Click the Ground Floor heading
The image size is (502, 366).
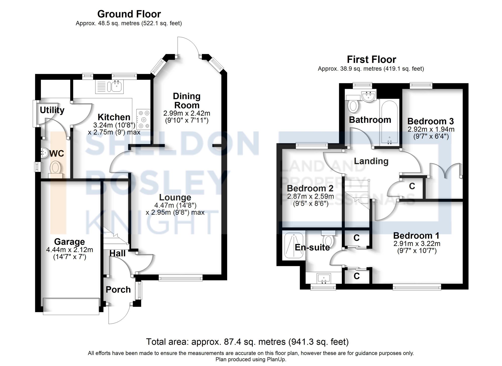pos(129,14)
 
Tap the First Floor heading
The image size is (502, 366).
pos(371,60)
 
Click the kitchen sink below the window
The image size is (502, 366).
pos(116,87)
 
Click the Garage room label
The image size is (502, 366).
pos(70,242)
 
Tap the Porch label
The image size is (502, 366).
pos(118,290)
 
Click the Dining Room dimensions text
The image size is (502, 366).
pos(187,117)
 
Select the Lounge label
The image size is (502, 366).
pos(175,197)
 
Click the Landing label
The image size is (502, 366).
pos(371,161)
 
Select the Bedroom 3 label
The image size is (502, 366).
pos(430,121)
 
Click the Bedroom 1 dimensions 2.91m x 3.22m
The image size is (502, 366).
pos(417,243)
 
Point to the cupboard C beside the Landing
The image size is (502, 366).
pos(412,186)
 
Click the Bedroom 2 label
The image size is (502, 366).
pos(310,188)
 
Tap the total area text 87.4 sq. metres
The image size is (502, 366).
pos(247,342)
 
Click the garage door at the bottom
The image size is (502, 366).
pos(71,306)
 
